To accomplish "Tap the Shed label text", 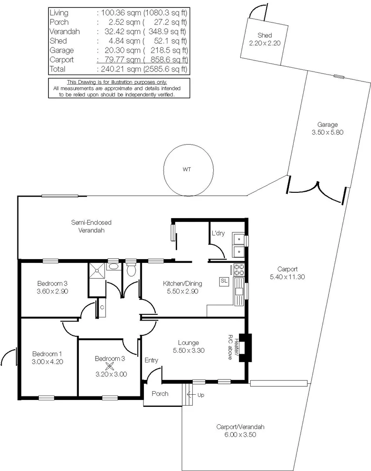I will tap(264, 35).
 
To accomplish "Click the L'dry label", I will tap(218, 233).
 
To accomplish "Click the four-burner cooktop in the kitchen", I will tap(238, 270).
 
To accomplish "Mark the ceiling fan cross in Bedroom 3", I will tap(111, 367).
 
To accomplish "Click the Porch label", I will tap(160, 394).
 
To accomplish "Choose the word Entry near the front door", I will tap(151, 360).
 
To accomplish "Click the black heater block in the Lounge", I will tap(246, 348).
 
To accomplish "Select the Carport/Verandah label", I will tap(240, 427).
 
